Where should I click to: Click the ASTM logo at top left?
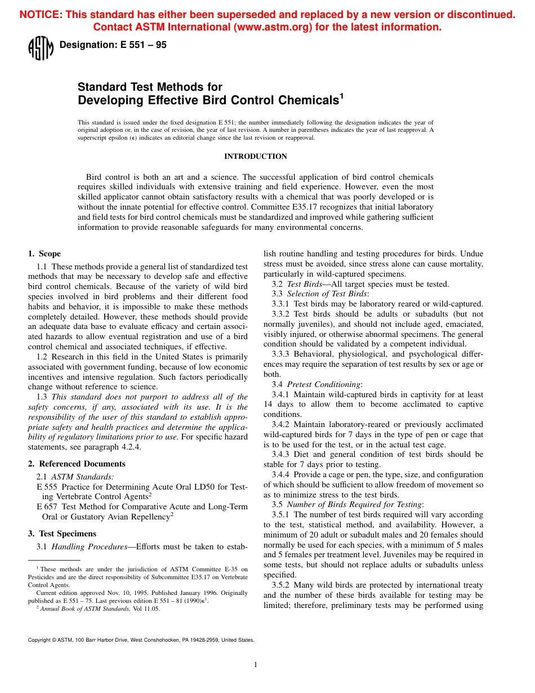[40, 48]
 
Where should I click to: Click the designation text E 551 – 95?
[113, 45]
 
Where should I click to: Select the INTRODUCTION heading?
[256, 157]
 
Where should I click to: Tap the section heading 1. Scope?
[44, 254]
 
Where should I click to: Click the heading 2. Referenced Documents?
[77, 464]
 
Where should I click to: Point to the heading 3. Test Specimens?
[62, 534]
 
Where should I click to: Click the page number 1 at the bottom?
[256, 665]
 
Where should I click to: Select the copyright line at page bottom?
[141, 640]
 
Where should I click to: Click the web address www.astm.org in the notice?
[271, 27]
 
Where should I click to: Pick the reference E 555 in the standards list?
[48, 487]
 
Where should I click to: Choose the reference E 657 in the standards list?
[48, 507]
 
